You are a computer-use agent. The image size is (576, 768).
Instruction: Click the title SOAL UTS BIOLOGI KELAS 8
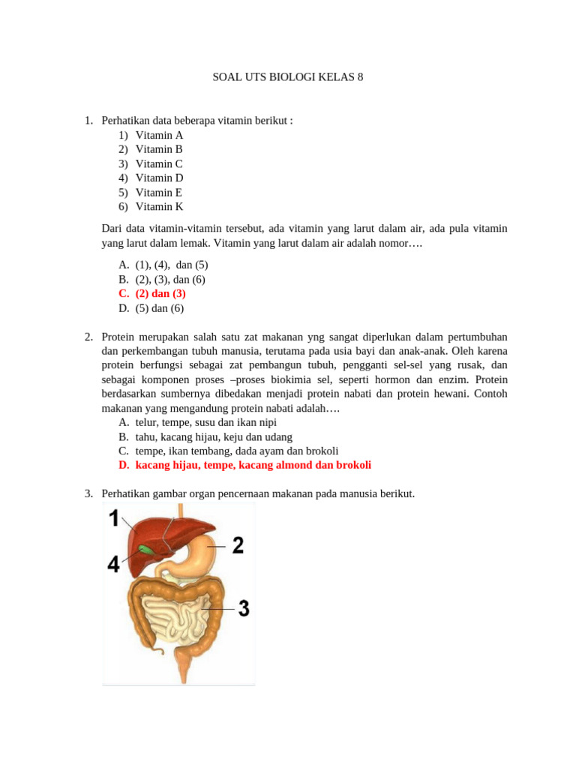(x=288, y=77)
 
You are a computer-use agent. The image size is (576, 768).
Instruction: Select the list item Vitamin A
(x=159, y=135)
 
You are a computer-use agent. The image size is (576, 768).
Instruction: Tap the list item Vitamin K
(x=159, y=206)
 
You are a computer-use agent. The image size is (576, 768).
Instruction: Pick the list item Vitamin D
(x=159, y=178)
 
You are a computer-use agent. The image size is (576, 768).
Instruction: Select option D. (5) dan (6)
(x=159, y=307)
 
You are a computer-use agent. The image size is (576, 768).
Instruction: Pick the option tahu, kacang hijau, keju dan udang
(x=214, y=436)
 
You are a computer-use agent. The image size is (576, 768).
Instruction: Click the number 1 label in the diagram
(x=114, y=517)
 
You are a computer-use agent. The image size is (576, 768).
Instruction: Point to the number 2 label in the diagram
(x=237, y=546)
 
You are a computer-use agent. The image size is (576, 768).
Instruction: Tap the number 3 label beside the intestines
(x=243, y=608)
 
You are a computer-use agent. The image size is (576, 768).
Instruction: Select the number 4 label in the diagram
(x=112, y=563)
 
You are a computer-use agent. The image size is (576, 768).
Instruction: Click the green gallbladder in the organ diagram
(x=142, y=550)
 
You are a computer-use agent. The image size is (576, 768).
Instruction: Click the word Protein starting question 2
(x=119, y=336)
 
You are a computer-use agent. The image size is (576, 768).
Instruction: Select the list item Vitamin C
(x=159, y=163)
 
